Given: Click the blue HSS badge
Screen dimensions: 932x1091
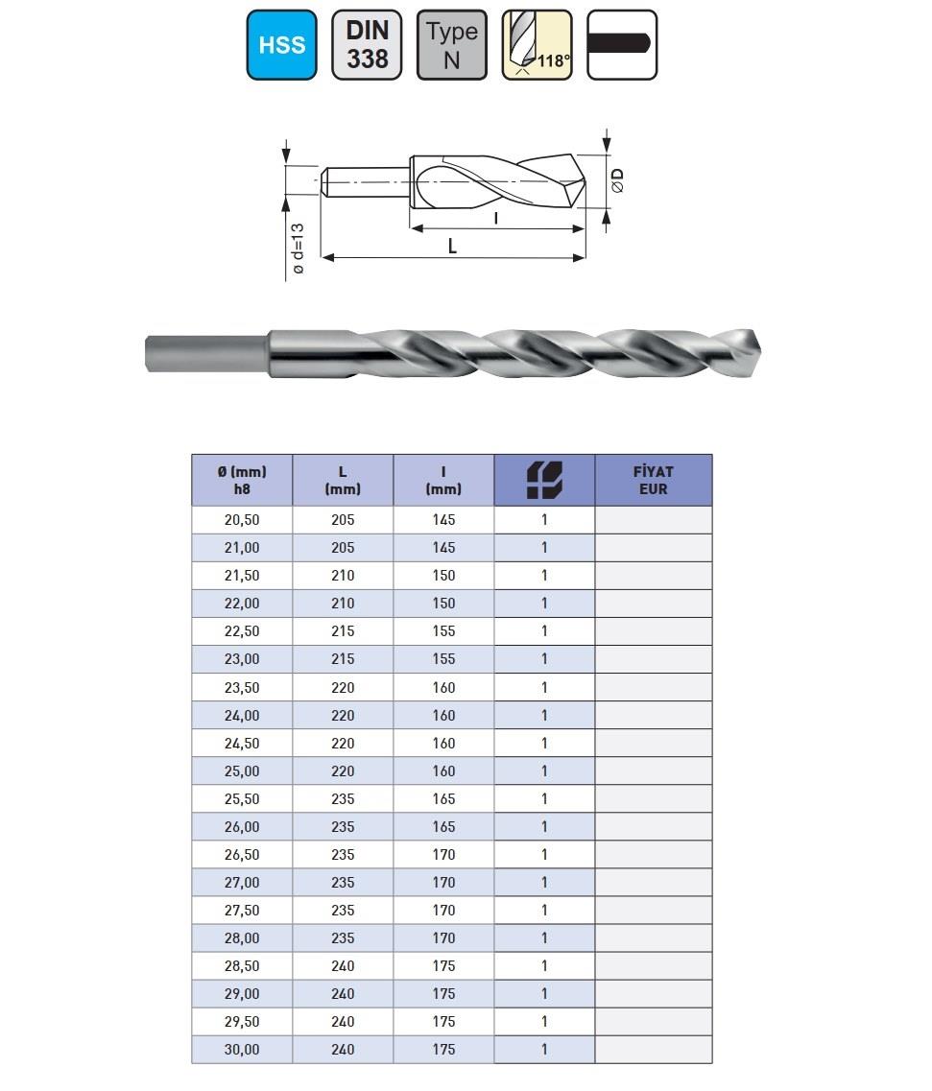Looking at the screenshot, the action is point(282,44).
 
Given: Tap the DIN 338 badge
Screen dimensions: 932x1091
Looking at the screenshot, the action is point(367,44).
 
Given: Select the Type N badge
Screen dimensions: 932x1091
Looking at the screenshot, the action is point(452,44).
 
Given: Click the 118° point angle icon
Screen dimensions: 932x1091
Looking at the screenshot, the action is point(537,44).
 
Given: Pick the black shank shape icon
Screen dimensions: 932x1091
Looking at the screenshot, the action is point(622,44).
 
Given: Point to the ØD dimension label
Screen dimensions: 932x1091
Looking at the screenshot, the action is point(616,180).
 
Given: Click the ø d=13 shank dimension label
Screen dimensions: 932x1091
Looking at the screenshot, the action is point(298,249).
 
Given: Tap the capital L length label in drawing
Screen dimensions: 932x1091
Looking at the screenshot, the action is point(452,247).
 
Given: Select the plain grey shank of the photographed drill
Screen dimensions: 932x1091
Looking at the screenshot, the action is point(206,353).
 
